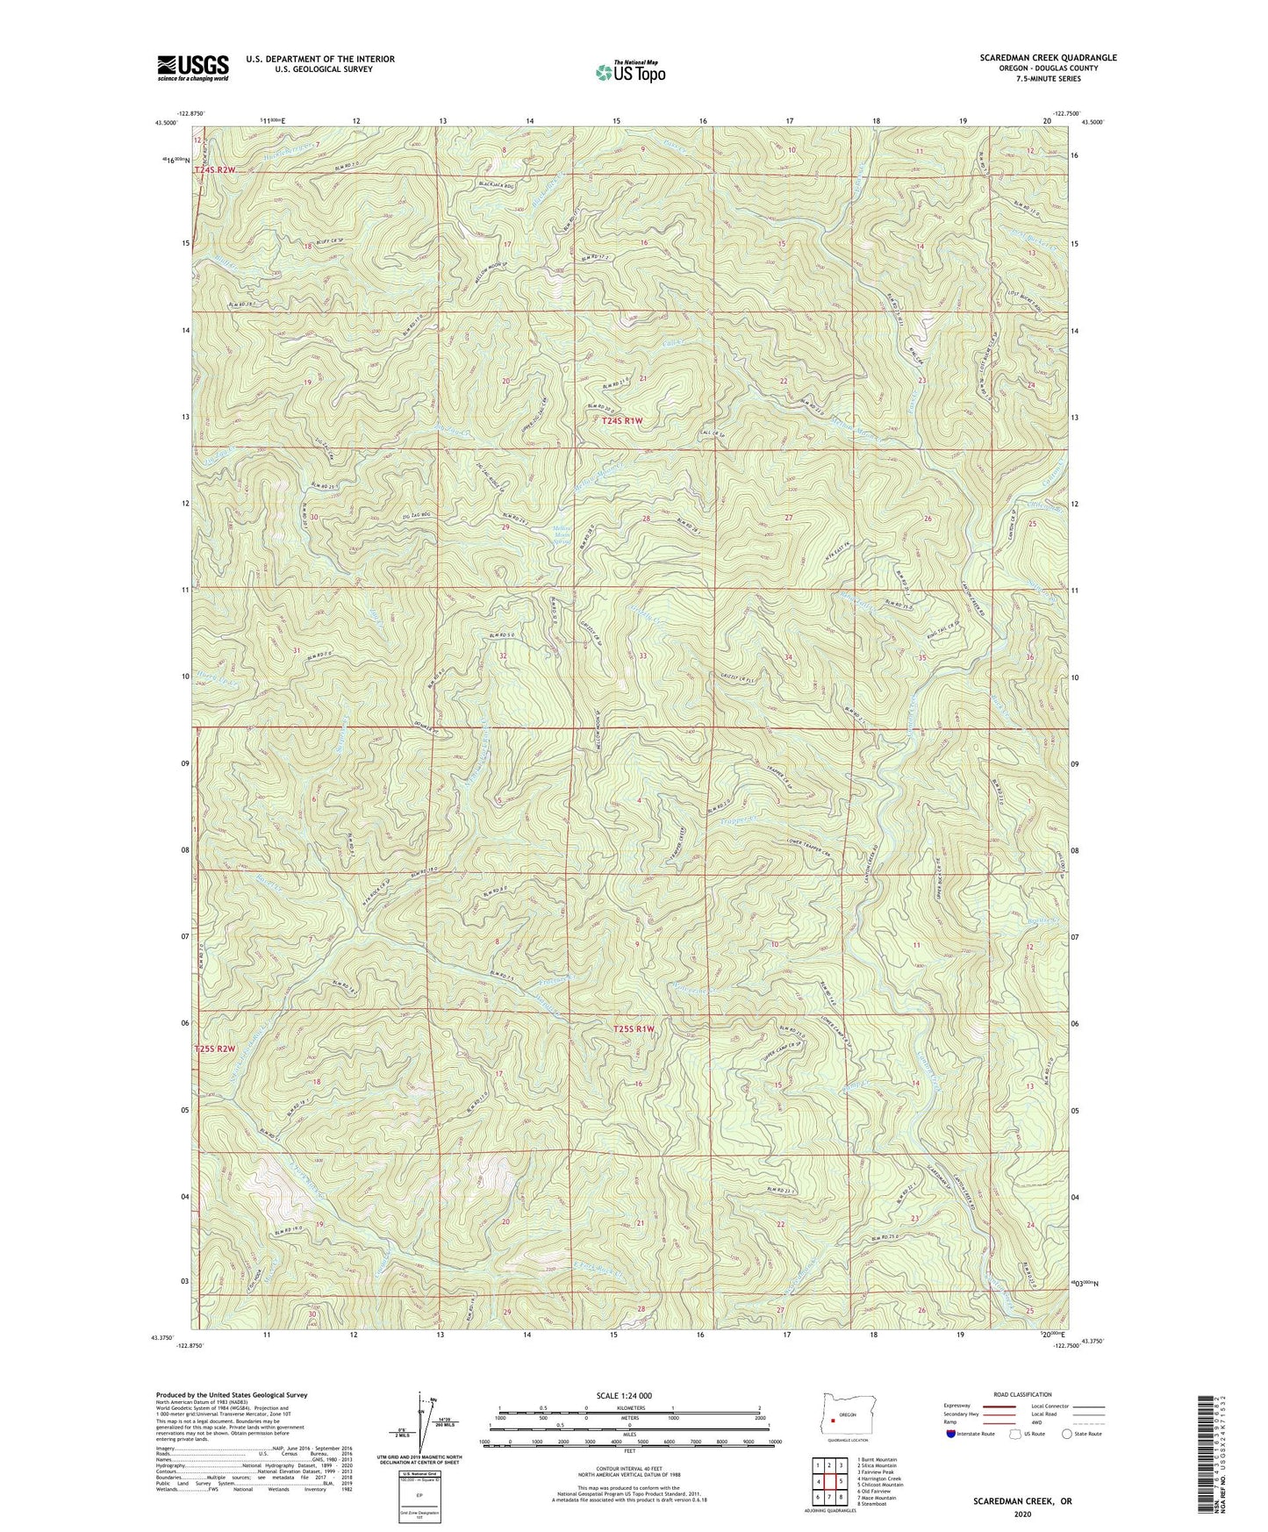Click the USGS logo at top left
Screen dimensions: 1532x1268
pyautogui.click(x=192, y=67)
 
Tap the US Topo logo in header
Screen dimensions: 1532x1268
pyautogui.click(x=628, y=72)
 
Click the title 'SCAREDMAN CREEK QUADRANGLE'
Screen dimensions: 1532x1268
pyautogui.click(x=1048, y=58)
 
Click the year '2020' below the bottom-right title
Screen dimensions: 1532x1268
pyautogui.click(x=1021, y=1514)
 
